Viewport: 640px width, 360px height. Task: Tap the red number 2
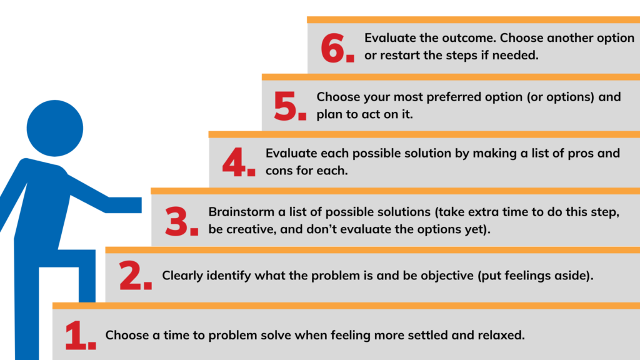(131, 276)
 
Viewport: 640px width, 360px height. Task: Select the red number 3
(177, 222)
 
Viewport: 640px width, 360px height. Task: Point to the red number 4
(234, 162)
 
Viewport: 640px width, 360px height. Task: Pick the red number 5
(285, 106)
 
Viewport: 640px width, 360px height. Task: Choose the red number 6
(332, 49)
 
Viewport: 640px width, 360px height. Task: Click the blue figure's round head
(55, 128)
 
